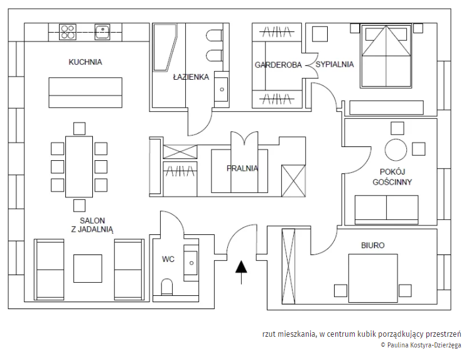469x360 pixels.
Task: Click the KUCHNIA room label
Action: (x=85, y=62)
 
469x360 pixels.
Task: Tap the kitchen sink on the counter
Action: (x=102, y=31)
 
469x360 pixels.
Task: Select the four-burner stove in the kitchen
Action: (x=68, y=32)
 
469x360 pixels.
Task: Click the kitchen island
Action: (x=85, y=92)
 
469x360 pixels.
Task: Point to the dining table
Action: (x=79, y=166)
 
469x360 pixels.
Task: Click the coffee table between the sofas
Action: (x=88, y=268)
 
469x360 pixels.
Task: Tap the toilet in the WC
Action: (x=167, y=287)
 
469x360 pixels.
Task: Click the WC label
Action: (x=168, y=259)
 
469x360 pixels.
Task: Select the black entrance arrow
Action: (x=241, y=272)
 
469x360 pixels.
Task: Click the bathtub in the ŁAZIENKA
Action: (x=164, y=47)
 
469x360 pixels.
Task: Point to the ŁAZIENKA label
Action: (x=191, y=77)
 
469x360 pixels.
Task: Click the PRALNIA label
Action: (x=242, y=168)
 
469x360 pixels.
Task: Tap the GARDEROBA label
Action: (x=278, y=65)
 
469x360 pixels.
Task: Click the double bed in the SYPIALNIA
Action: (x=386, y=56)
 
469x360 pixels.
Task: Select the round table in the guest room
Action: (x=396, y=150)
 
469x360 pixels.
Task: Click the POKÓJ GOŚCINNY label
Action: (x=392, y=177)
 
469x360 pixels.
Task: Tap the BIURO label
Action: (x=373, y=246)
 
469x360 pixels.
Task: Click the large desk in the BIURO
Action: (x=373, y=278)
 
